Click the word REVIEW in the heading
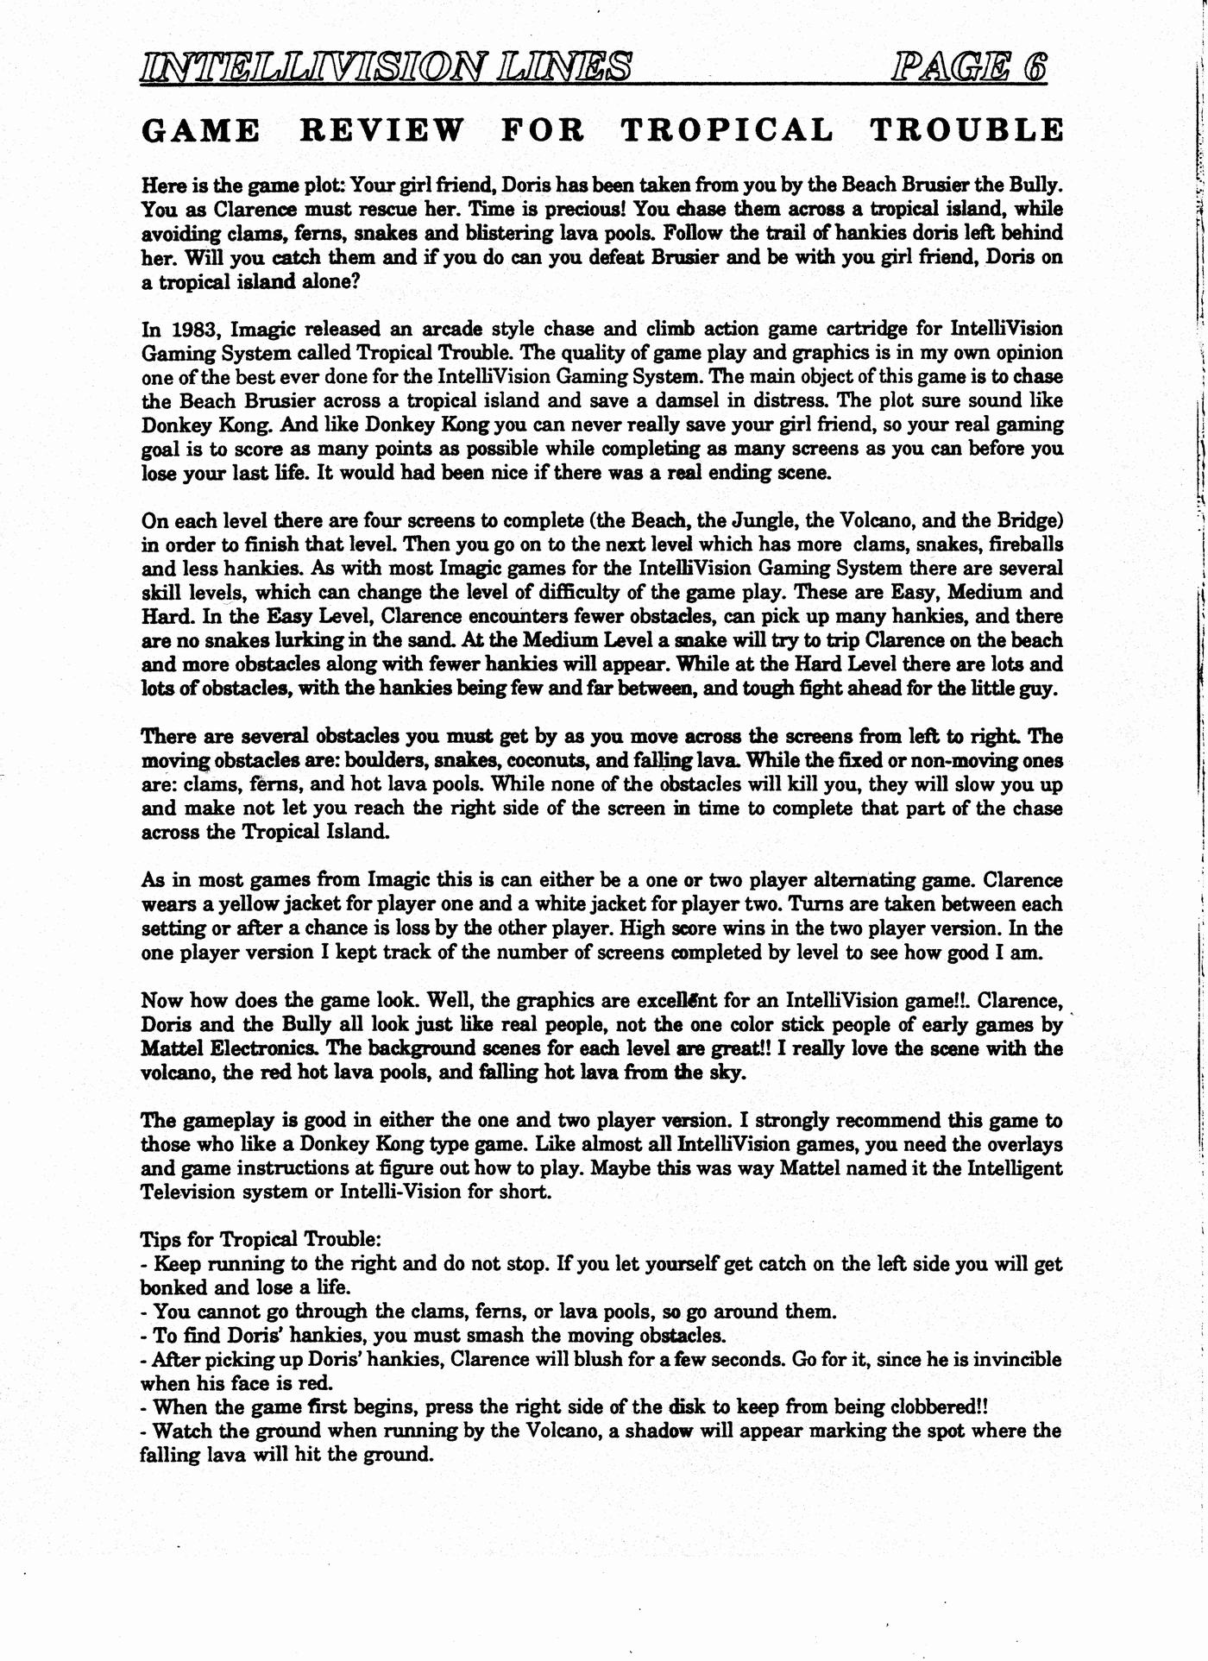pos(381,130)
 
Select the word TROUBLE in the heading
pos(966,130)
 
